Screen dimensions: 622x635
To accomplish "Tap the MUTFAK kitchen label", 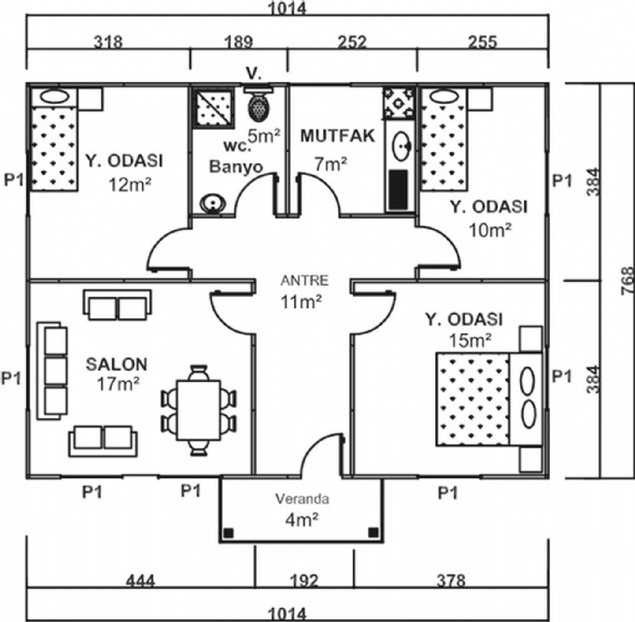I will (337, 135).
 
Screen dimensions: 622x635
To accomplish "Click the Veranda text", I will (302, 498).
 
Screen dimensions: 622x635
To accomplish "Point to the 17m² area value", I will (118, 383).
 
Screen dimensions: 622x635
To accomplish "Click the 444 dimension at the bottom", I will (142, 581).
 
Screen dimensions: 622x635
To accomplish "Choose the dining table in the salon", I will (197, 408).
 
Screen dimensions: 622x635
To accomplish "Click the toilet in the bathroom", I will (257, 105).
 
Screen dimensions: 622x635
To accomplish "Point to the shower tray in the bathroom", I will (211, 107).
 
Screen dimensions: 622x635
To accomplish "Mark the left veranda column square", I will (228, 534).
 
